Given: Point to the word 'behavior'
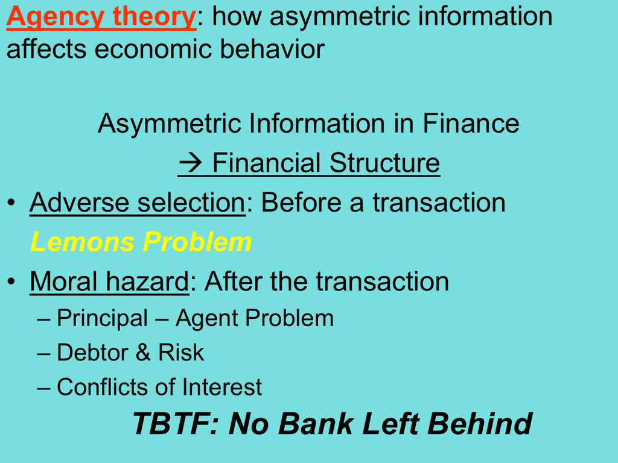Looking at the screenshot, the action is [272, 49].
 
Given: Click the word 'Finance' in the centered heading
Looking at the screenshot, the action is [471, 123].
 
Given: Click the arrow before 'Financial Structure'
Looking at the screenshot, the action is [190, 163].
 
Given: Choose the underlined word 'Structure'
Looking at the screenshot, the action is [384, 163].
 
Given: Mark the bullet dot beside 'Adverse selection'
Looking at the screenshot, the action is [11, 203].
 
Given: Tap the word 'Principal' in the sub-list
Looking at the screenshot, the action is [103, 318].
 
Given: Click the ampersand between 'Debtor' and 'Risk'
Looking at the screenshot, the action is [144, 352].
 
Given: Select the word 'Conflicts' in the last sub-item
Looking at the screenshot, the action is [103, 386].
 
